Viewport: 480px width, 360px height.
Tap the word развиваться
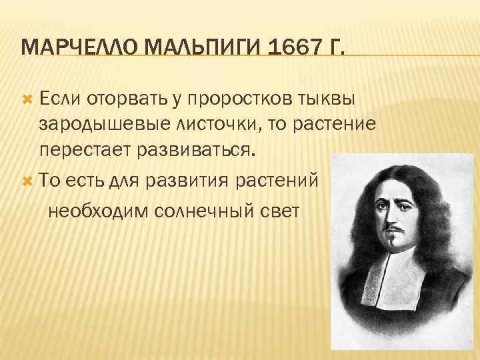coord(199,149)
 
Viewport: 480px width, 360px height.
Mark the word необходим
coord(98,211)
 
